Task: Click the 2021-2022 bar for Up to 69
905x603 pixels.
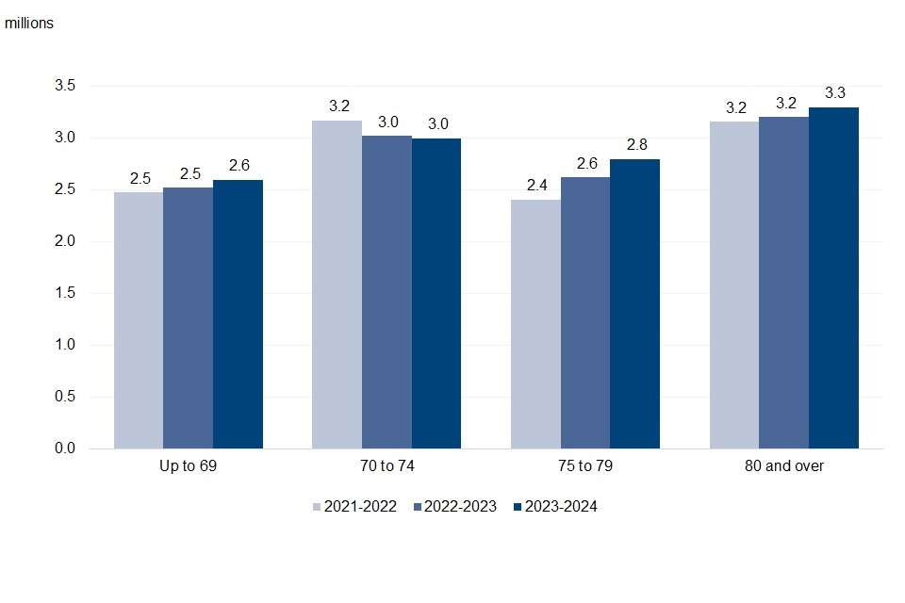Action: coord(139,320)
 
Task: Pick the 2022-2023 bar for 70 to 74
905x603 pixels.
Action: coord(387,292)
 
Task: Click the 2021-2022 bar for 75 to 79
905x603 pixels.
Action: coord(535,324)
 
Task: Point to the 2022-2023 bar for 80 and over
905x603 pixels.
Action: coord(783,283)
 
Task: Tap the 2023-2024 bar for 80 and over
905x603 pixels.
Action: coord(833,278)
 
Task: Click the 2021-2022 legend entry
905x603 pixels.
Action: coord(358,507)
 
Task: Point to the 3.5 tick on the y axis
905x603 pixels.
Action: coord(65,87)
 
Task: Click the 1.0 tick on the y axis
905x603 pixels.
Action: coord(65,345)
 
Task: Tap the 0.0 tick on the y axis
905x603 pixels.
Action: coord(65,448)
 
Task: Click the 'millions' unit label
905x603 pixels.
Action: coord(29,24)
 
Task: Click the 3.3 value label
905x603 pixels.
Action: coord(834,92)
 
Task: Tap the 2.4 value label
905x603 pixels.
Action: coord(536,185)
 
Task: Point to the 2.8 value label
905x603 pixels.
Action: coord(635,144)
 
